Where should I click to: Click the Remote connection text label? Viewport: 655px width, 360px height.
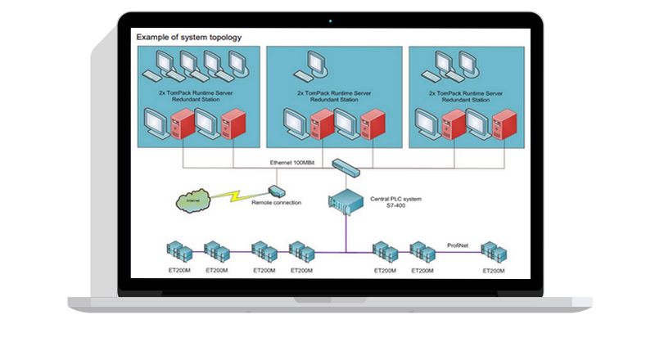pyautogui.click(x=276, y=203)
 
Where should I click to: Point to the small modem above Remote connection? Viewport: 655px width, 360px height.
pyautogui.click(x=276, y=191)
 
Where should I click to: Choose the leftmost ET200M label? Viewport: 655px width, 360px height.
pyautogui.click(x=179, y=270)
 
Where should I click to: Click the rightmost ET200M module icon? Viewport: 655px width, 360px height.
pyautogui.click(x=494, y=252)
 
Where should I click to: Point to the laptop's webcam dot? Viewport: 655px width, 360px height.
pyautogui.click(x=330, y=19)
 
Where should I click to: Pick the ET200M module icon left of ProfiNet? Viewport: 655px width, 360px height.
pyautogui.click(x=422, y=252)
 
